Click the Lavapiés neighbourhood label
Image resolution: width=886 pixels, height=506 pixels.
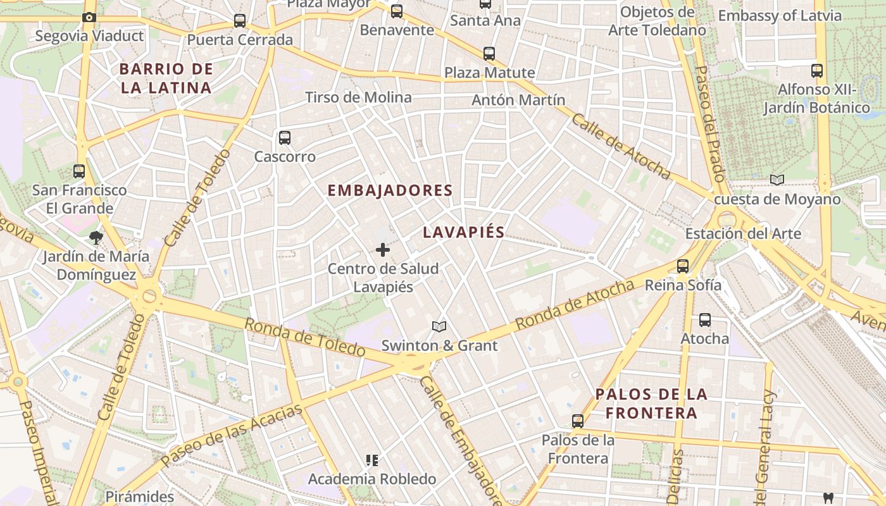463,232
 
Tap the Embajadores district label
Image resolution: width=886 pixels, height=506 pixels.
390,190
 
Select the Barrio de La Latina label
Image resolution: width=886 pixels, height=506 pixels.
166,78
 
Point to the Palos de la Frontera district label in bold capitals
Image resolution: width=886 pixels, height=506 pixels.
651,404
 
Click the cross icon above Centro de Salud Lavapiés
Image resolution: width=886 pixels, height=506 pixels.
383,250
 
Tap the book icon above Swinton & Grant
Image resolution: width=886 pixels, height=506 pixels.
439,326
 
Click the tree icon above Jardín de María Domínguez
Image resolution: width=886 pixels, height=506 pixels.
96,238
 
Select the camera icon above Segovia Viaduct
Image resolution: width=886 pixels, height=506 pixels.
89,17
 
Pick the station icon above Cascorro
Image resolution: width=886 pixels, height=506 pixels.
285,137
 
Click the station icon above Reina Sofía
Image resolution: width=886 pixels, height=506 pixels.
683,266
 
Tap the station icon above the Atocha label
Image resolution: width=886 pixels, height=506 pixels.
705,320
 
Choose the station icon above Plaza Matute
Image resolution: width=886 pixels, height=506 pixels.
489,54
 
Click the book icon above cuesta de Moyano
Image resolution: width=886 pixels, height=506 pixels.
777,180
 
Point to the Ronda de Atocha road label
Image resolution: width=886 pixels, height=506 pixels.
574,305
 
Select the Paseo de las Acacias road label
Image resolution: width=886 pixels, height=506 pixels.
232,436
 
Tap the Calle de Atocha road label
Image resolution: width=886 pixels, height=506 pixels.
621,145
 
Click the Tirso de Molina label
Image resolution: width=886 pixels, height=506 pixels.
358,97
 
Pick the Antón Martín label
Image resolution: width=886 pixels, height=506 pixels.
518,100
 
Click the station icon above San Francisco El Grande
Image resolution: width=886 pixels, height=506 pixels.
79,171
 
